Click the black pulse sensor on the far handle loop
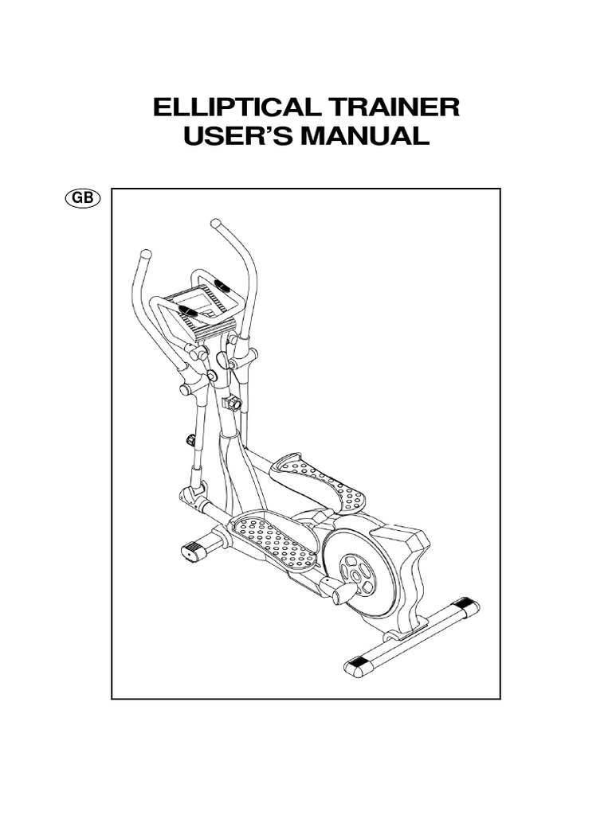pos(222,284)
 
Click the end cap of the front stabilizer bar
pos(194,552)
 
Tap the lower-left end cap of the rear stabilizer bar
pos(356,665)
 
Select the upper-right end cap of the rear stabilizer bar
pos(470,607)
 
